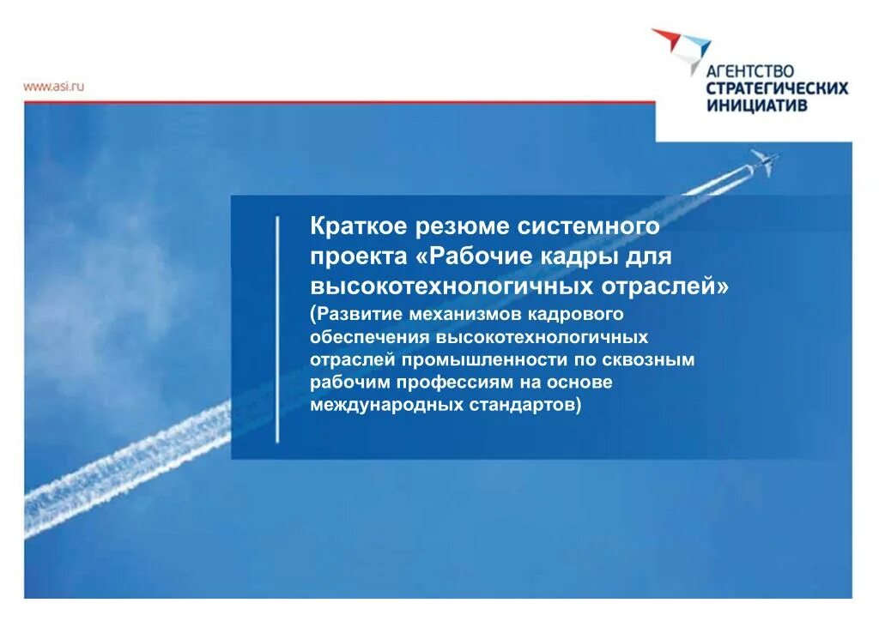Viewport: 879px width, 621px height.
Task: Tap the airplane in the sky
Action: tap(763, 161)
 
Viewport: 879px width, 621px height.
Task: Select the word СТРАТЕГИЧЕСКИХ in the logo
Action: tap(776, 88)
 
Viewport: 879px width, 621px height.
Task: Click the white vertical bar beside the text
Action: tap(277, 330)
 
